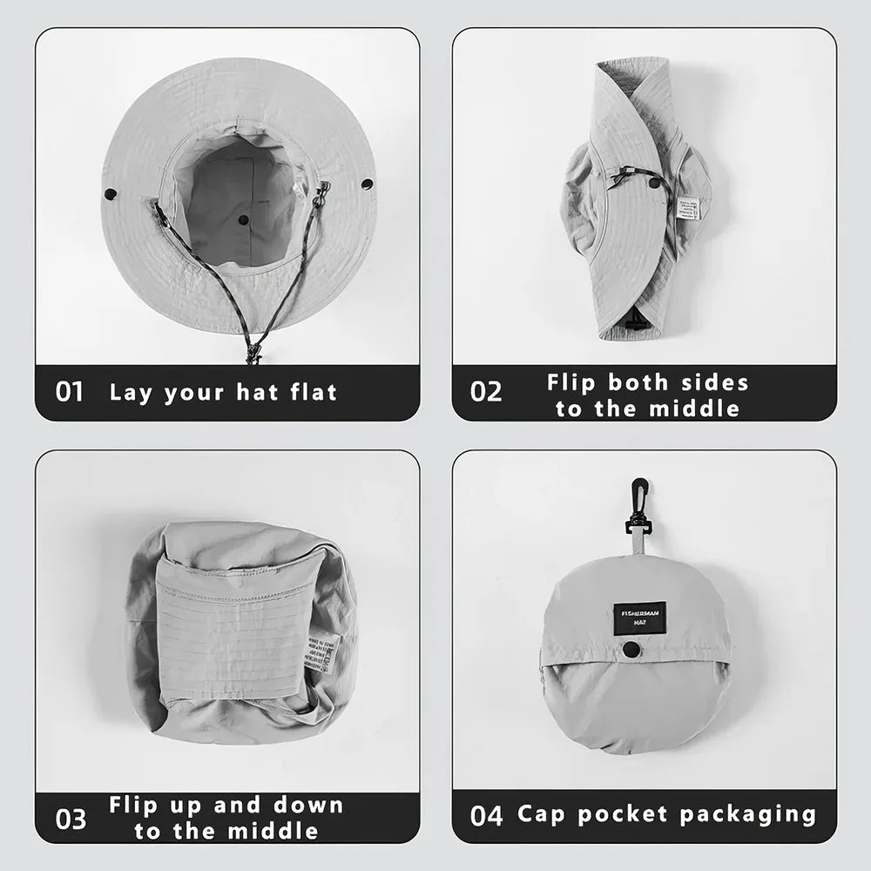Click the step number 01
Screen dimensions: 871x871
click(70, 392)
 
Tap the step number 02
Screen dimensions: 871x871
click(486, 392)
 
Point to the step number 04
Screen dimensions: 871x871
click(486, 816)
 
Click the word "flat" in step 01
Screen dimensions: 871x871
click(307, 392)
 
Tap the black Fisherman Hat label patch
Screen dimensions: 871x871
click(639, 617)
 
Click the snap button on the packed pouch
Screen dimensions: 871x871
click(628, 649)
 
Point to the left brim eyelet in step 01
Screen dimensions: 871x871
click(111, 192)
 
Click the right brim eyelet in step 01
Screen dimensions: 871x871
click(367, 184)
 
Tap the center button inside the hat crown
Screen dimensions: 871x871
click(244, 220)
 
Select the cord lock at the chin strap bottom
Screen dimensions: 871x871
click(253, 353)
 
